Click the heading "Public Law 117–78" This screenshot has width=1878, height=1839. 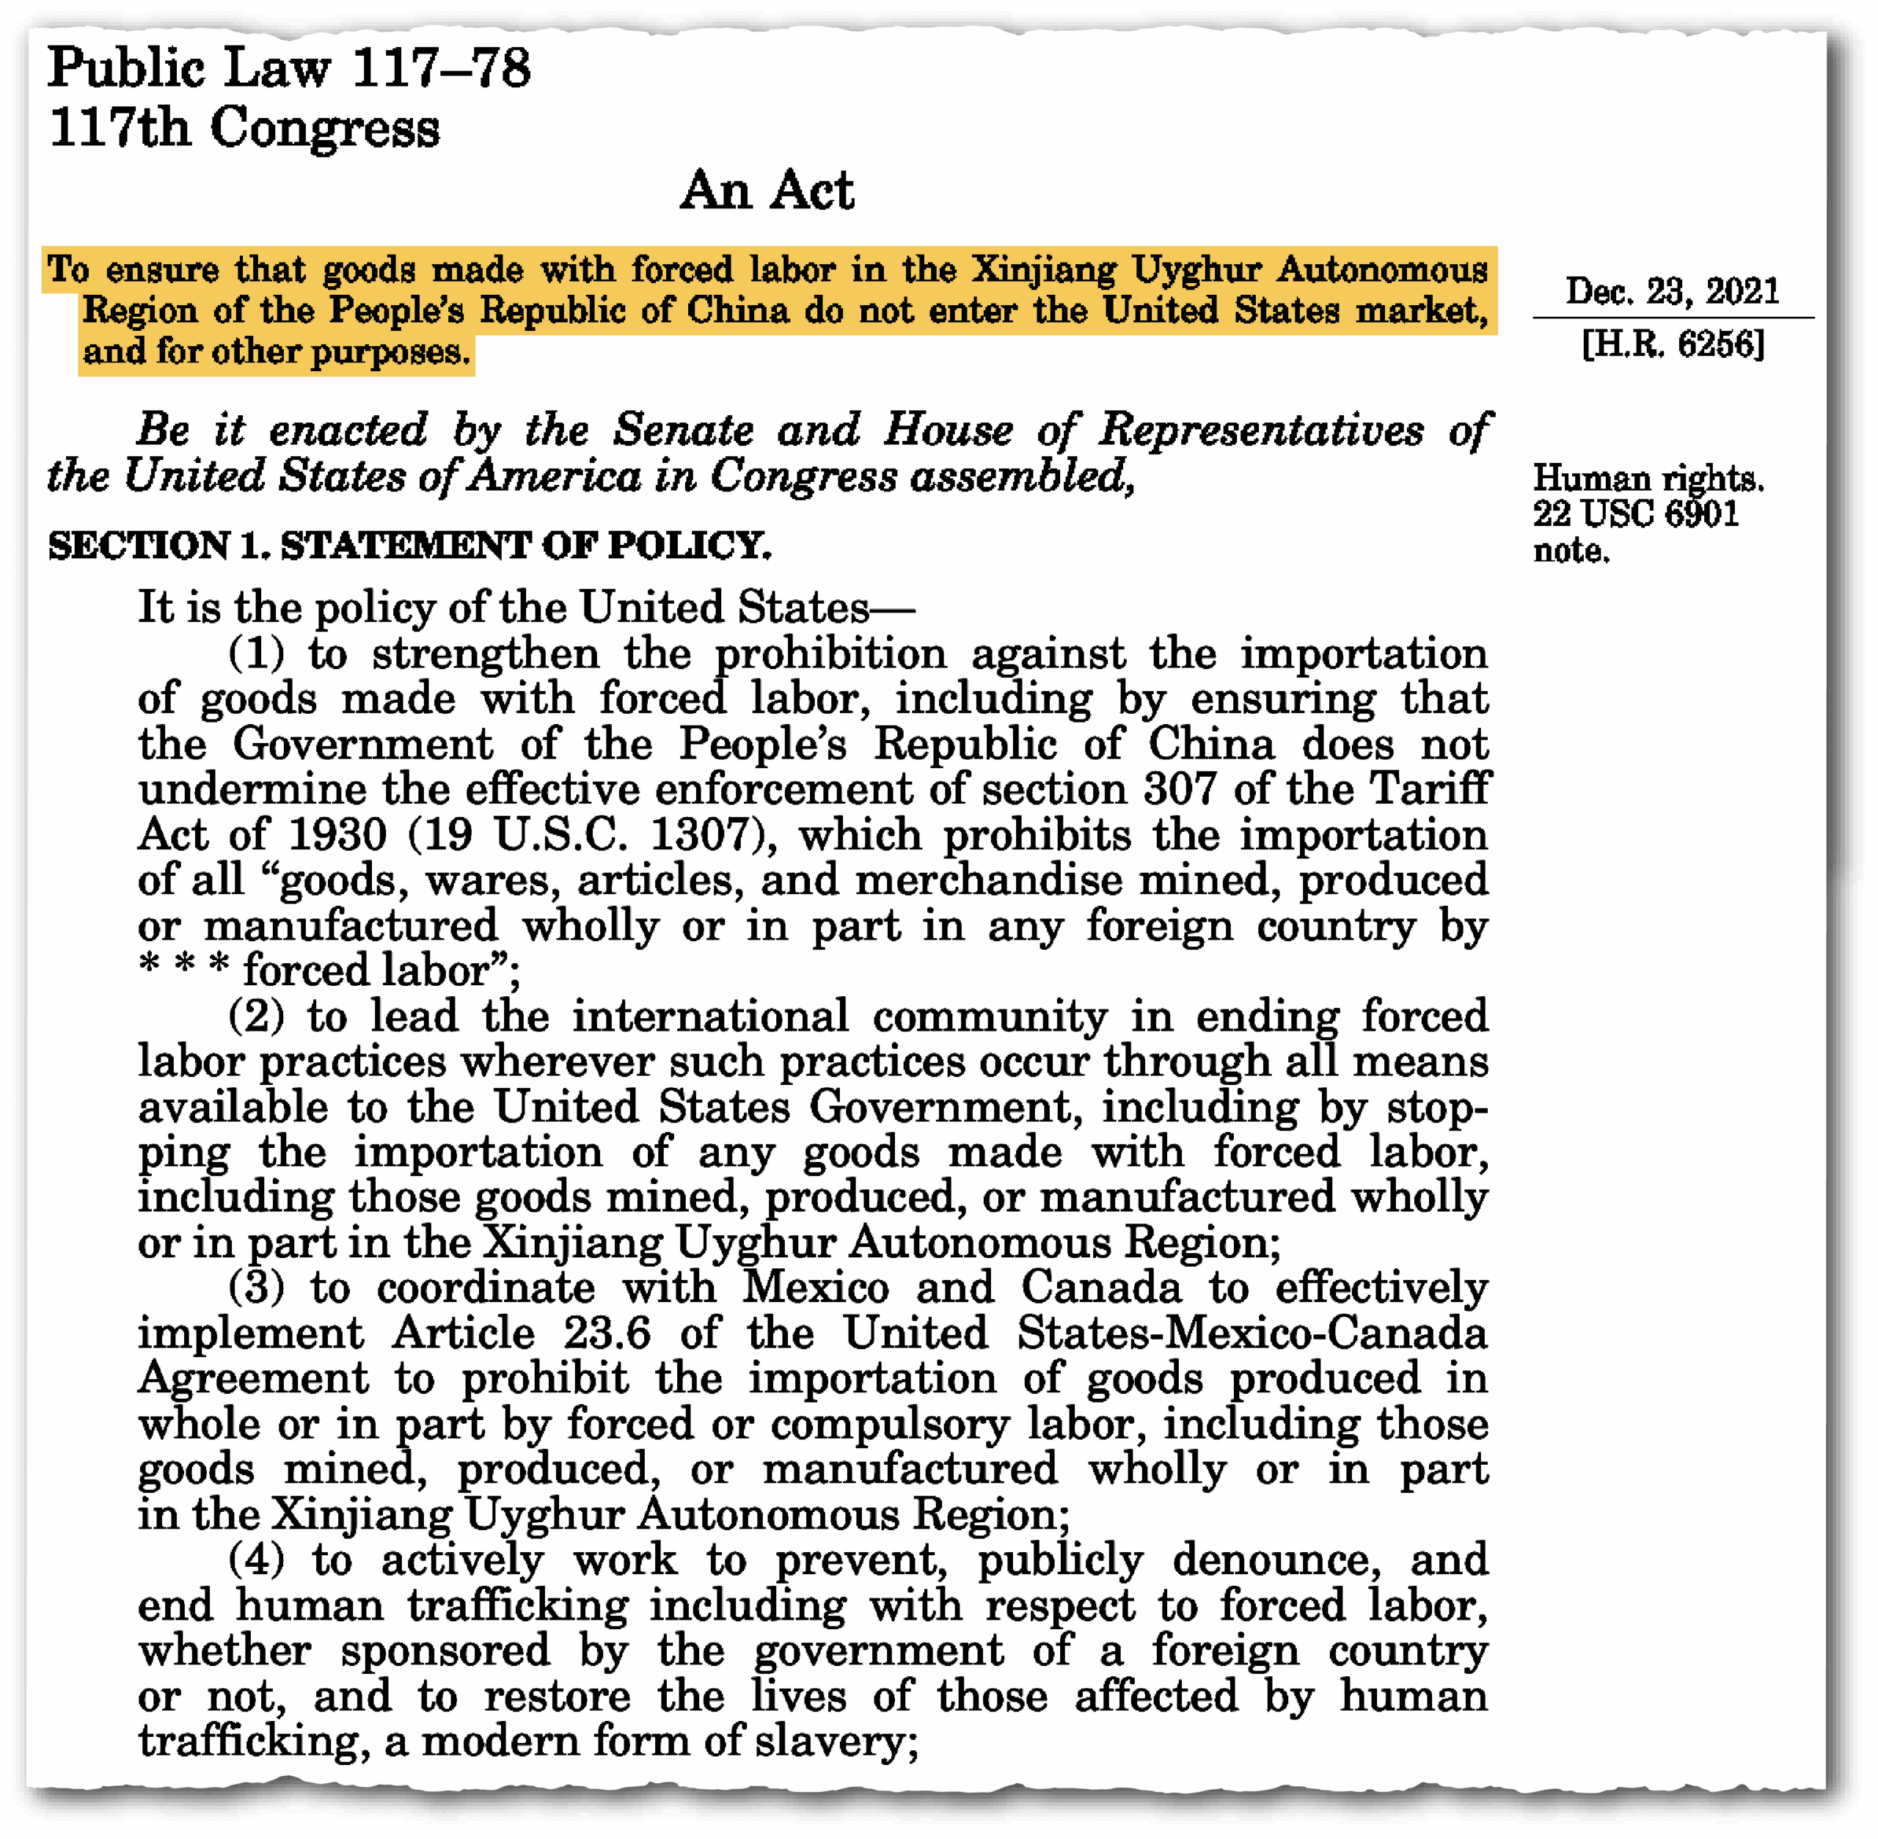point(289,68)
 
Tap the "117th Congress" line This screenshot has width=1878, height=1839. point(244,128)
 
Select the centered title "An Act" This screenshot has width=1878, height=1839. point(767,190)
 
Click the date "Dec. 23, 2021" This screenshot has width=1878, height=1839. point(1673,290)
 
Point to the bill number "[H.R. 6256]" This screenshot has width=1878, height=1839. point(1673,344)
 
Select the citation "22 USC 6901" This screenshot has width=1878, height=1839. point(1635,513)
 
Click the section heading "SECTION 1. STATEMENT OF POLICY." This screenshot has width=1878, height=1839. point(409,546)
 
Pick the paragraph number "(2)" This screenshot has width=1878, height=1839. point(256,1017)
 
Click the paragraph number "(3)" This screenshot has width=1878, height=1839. point(256,1288)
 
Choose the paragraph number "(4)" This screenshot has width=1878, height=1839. point(256,1560)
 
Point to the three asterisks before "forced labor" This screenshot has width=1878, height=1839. point(183,969)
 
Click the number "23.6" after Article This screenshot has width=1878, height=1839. point(607,1334)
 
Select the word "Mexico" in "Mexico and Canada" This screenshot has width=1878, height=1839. point(815,1288)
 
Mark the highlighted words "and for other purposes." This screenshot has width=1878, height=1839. point(277,353)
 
